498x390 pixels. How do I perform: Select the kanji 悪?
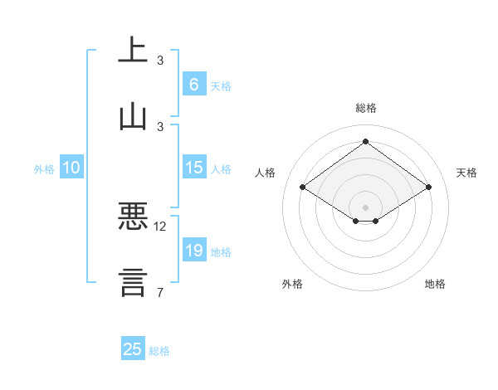click(134, 217)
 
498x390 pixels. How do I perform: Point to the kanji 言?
click(134, 282)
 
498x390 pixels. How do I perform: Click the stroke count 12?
click(160, 226)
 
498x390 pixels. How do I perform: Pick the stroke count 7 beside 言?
click(160, 292)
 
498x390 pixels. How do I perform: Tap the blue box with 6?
click(193, 84)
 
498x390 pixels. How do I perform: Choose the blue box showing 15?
click(193, 168)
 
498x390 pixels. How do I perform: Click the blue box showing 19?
click(193, 251)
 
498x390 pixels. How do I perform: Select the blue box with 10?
click(71, 168)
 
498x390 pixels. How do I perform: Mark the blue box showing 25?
click(133, 349)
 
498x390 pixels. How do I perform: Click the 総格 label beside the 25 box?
click(159, 351)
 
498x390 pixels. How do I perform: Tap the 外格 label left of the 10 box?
click(44, 169)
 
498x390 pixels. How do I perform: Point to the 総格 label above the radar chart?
click(366, 108)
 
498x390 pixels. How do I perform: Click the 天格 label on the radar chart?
click(466, 173)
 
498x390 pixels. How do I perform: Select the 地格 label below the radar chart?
click(435, 285)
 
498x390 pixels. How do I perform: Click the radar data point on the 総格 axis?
click(365, 141)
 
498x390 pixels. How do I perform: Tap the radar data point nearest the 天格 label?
click(429, 188)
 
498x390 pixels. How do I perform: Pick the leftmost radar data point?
click(303, 188)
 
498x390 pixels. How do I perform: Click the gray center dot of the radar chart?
click(365, 207)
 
